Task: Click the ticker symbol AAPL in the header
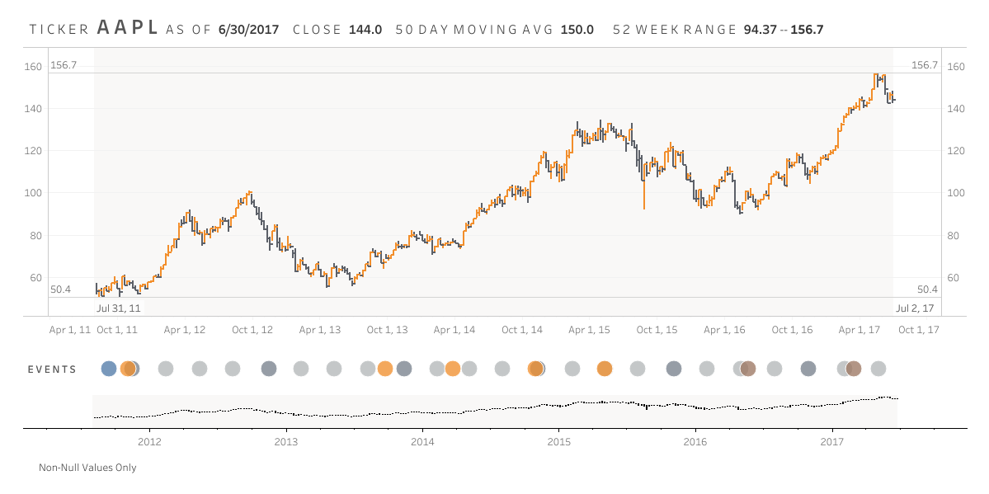point(128,27)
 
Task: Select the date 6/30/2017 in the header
point(248,30)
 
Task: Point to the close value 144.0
point(365,30)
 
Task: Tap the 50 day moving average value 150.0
point(577,30)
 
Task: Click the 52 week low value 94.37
point(760,30)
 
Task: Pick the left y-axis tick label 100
point(34,193)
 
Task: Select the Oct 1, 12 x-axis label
point(252,330)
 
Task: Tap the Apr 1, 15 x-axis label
point(589,330)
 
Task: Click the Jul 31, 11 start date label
point(119,308)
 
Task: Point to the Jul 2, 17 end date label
point(915,308)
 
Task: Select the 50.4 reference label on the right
point(927,289)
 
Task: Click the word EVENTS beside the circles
point(51,369)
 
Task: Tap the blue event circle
point(109,369)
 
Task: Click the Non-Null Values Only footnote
point(87,468)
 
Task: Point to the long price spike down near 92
point(643,198)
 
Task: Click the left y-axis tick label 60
point(36,278)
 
